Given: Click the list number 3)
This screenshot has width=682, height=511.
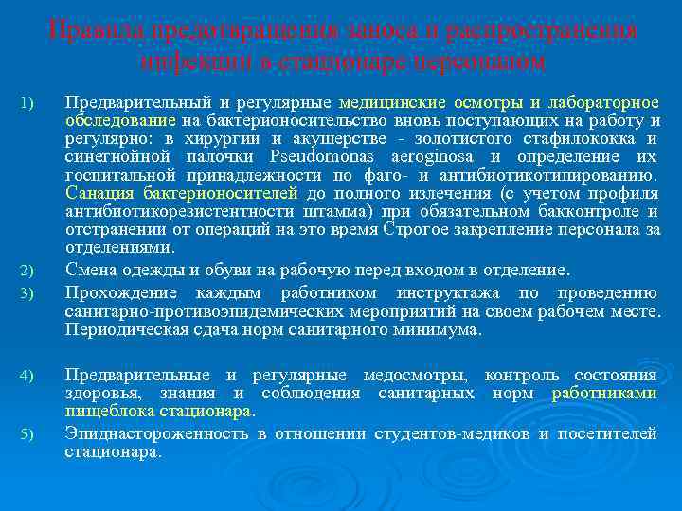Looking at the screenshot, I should (x=27, y=292).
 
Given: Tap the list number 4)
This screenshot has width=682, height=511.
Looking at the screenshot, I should (x=27, y=378).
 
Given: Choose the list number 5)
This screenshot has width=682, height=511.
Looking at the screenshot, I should (x=27, y=435).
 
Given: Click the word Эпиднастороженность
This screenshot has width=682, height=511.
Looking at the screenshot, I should (x=156, y=434).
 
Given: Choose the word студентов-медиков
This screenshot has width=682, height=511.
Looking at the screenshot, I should (x=455, y=434).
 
